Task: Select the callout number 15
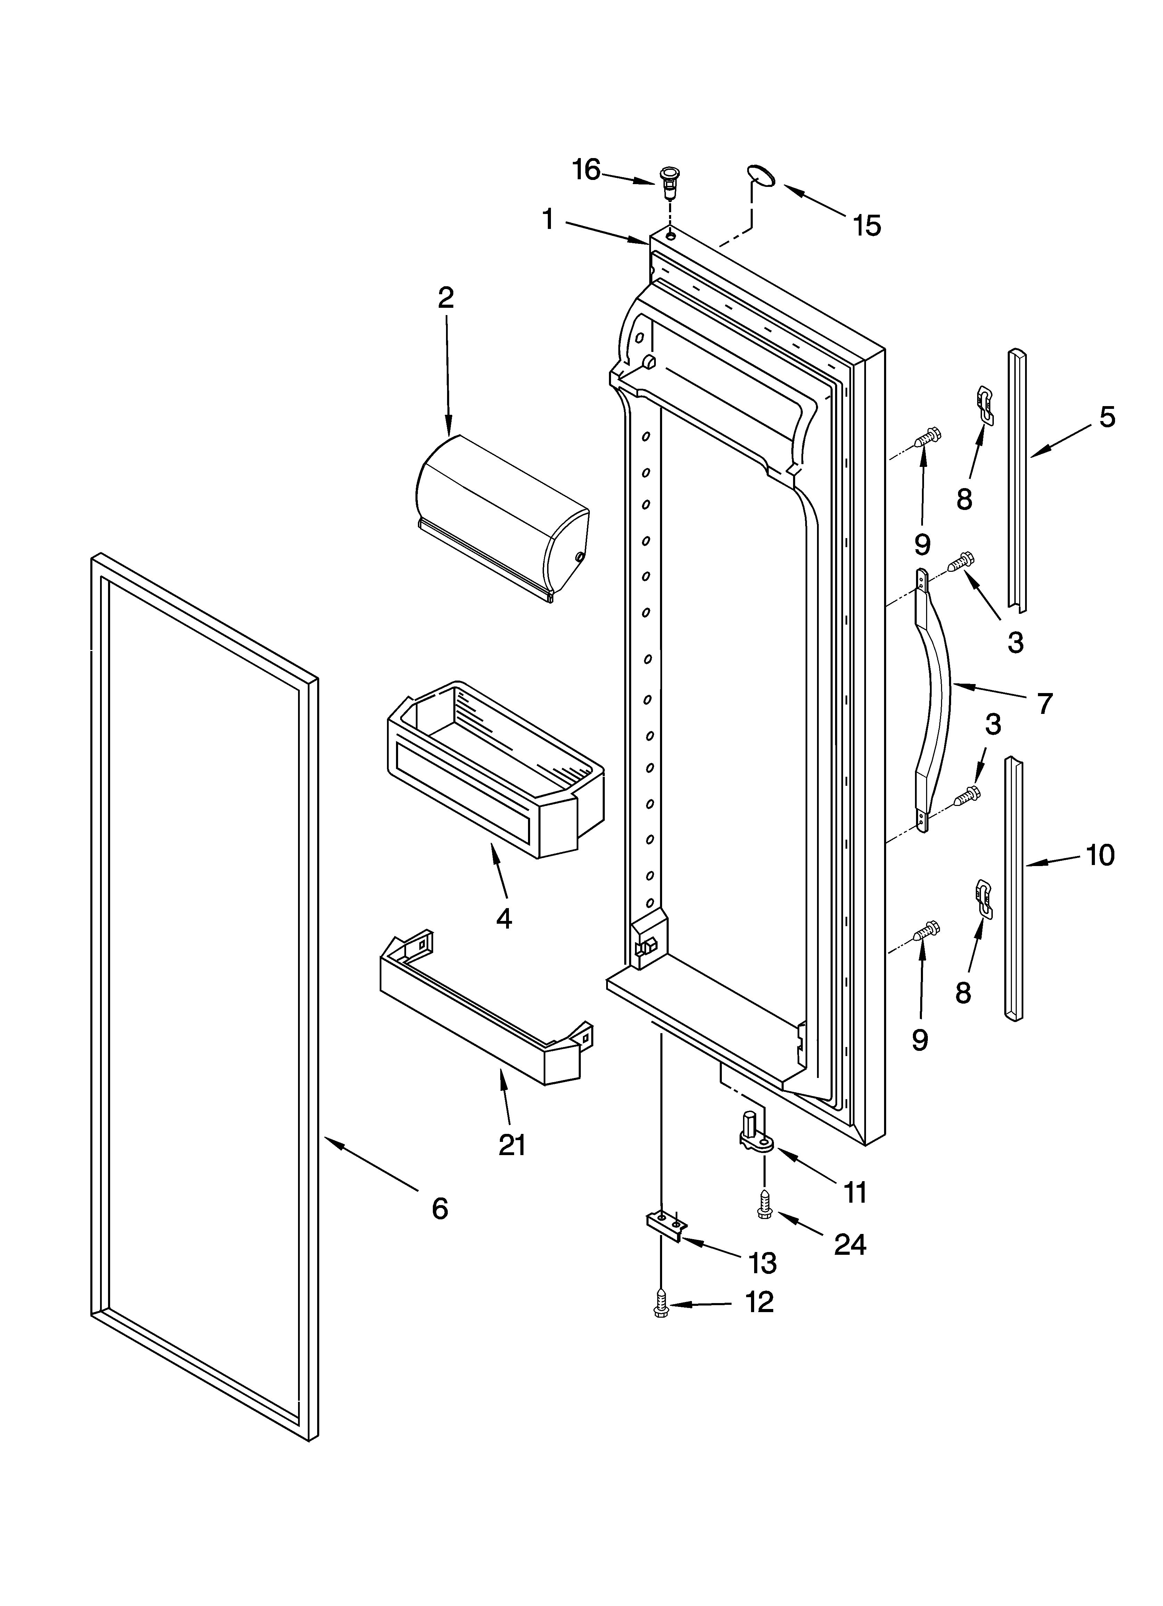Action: click(866, 226)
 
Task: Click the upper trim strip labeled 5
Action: click(1017, 481)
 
